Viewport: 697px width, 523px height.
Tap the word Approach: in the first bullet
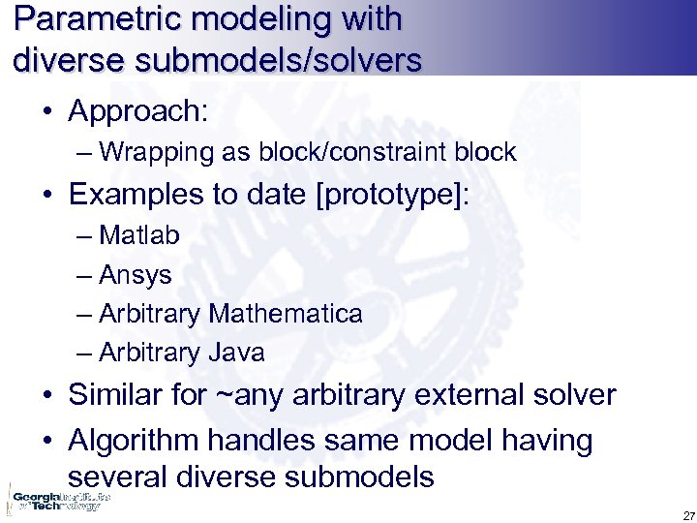tap(137, 110)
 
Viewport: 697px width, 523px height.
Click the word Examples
tap(134, 194)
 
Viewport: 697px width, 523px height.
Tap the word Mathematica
tap(286, 314)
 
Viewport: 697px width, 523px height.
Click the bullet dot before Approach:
tap(47, 112)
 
